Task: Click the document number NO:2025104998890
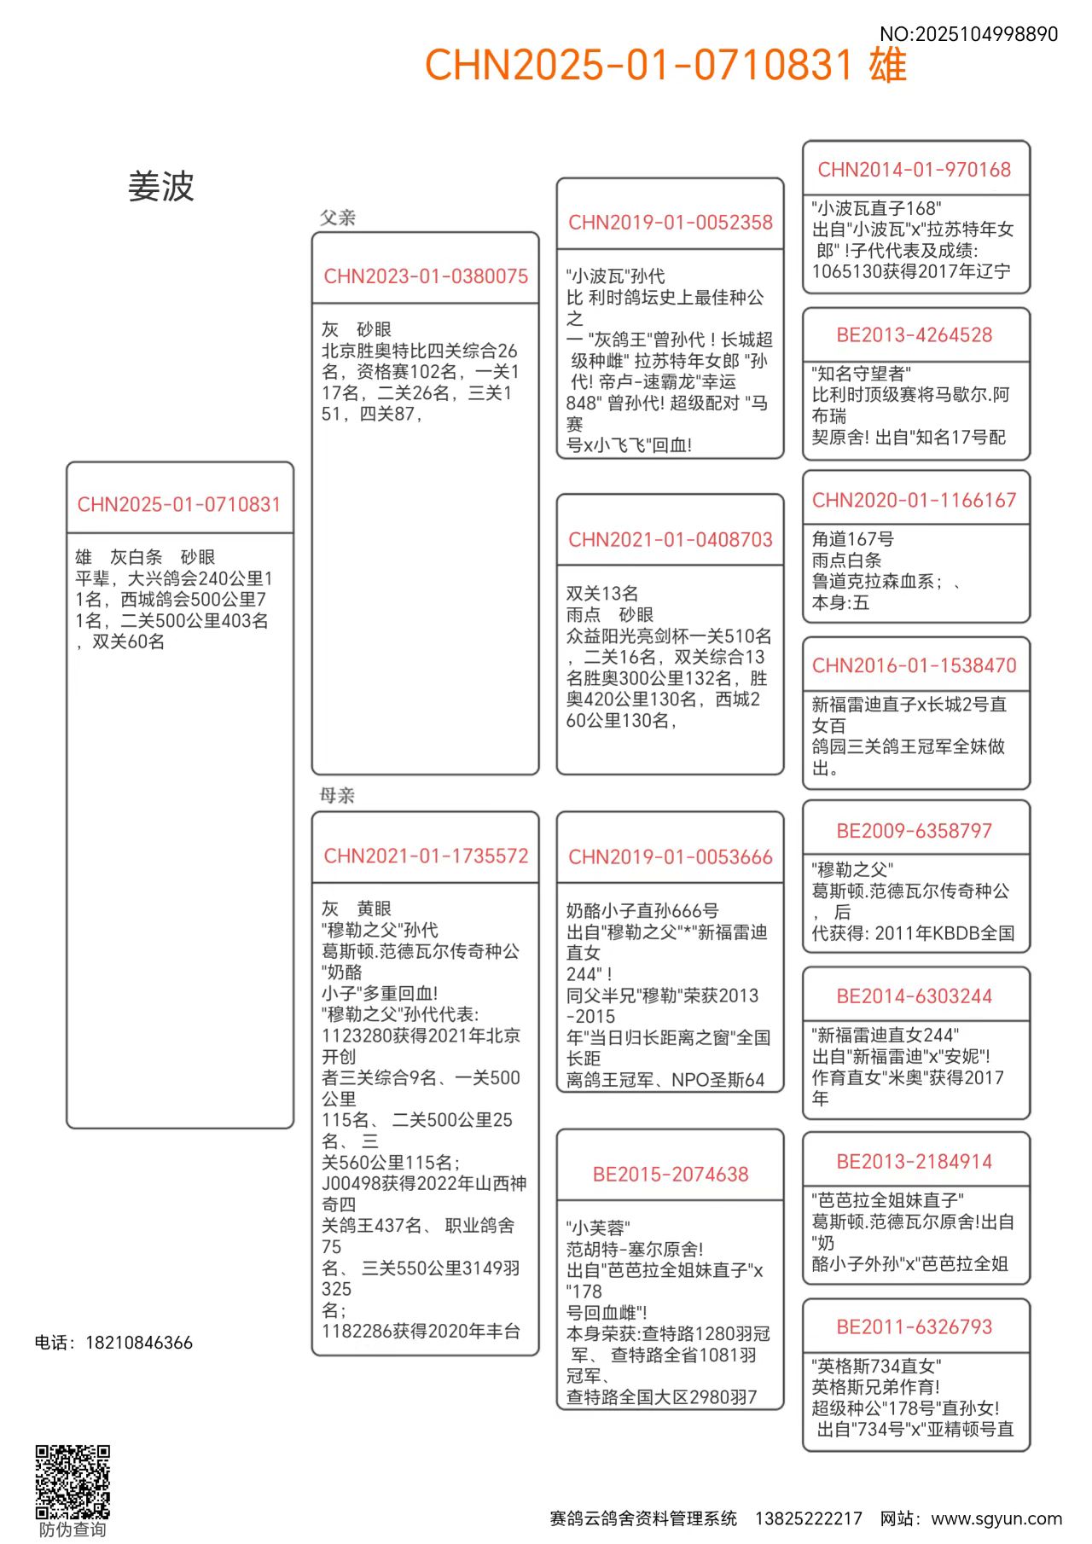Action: (x=968, y=34)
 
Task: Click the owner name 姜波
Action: (x=161, y=186)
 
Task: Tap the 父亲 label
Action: (x=338, y=218)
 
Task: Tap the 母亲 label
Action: (x=337, y=796)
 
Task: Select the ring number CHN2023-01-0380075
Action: (x=426, y=276)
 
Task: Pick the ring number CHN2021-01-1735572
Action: (x=426, y=856)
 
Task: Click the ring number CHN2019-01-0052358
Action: (x=671, y=223)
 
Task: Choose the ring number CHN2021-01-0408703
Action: (x=671, y=540)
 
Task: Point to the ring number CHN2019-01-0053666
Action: (x=671, y=857)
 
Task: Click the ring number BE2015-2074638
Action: (x=671, y=1175)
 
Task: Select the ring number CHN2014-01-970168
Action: (x=915, y=170)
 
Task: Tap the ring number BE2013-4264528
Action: (x=915, y=335)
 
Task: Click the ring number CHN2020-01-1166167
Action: (x=915, y=500)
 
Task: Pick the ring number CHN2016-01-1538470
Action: (x=915, y=665)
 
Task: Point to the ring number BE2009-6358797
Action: (x=915, y=831)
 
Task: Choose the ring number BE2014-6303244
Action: (x=915, y=996)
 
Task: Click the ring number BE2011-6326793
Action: (x=915, y=1327)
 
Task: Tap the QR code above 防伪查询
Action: (x=73, y=1482)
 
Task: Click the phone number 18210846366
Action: (x=139, y=1343)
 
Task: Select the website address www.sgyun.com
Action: (x=996, y=1518)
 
